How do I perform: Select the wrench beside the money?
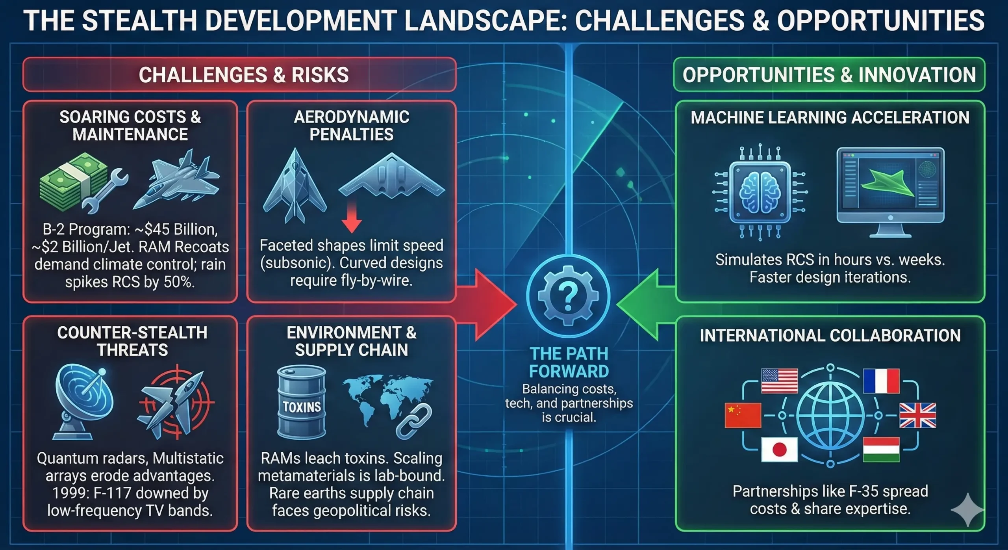[104, 191]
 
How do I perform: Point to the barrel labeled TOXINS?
[302, 402]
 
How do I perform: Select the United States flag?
[779, 381]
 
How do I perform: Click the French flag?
[881, 381]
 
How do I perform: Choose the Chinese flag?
[743, 415]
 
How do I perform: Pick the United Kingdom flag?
[918, 415]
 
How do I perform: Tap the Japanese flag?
[779, 450]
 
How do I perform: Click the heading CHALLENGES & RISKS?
[244, 75]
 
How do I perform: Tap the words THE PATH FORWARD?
[569, 362]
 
